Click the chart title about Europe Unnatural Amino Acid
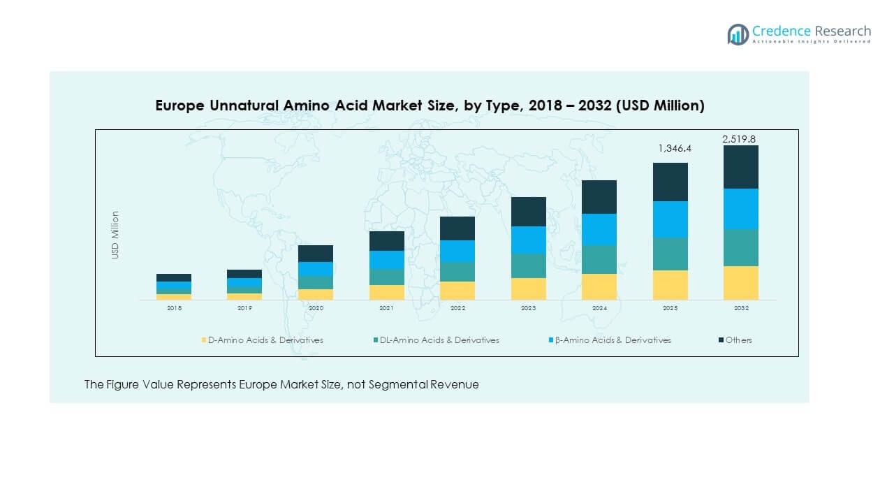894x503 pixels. click(x=430, y=105)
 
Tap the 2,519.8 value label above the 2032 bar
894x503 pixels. click(x=739, y=139)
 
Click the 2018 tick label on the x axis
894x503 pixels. click(x=174, y=308)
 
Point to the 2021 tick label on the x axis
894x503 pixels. click(x=386, y=308)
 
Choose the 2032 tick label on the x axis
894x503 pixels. click(x=741, y=308)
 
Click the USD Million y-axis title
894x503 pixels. click(x=115, y=235)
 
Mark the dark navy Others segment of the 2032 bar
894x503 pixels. click(x=741, y=167)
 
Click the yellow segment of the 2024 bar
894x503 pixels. click(x=599, y=286)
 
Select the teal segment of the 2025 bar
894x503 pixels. click(x=670, y=254)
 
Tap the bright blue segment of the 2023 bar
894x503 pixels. click(x=529, y=240)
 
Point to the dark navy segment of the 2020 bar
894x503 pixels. click(x=316, y=254)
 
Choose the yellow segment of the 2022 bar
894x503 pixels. click(x=457, y=291)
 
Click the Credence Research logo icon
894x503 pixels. click(x=738, y=34)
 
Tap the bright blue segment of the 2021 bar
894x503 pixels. click(x=387, y=260)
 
